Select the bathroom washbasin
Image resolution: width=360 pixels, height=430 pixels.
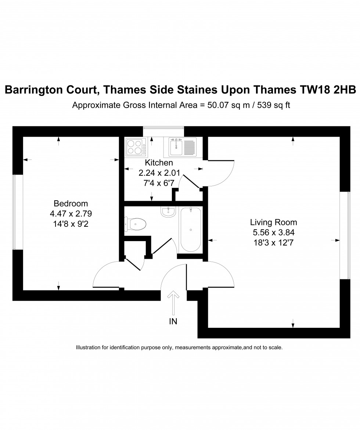[169, 211]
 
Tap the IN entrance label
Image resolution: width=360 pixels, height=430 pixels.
[173, 322]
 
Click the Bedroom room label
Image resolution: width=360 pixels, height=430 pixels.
[71, 203]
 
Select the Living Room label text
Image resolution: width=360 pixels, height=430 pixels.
[273, 222]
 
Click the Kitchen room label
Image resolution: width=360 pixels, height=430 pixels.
[159, 162]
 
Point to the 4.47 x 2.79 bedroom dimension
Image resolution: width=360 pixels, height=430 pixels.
[71, 213]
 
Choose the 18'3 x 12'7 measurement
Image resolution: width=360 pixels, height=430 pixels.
[273, 242]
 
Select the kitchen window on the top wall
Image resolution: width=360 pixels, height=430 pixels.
[163, 128]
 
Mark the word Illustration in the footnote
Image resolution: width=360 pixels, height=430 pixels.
[90, 347]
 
